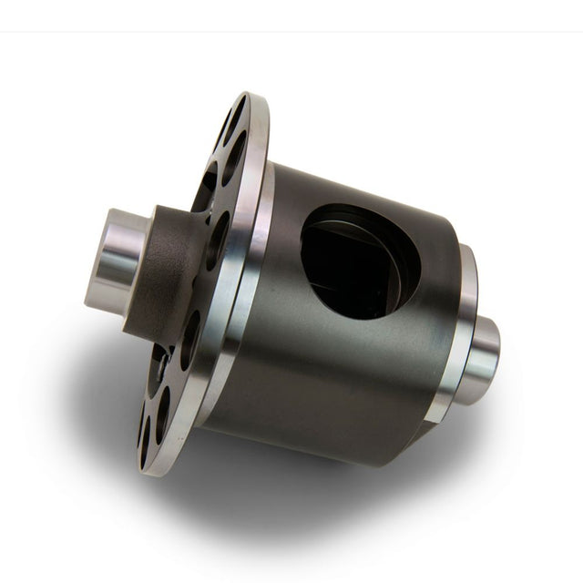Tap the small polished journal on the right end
[478, 360]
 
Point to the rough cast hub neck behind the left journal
[169, 273]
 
